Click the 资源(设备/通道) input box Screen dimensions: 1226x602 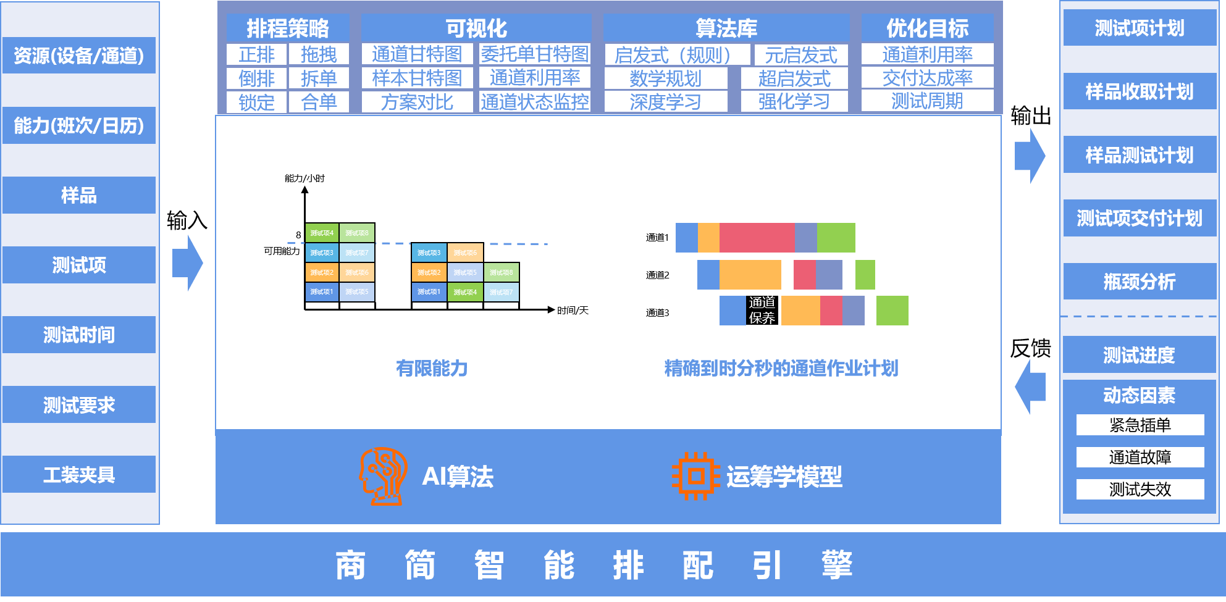tap(79, 56)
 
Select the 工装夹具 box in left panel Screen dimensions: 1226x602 tap(79, 474)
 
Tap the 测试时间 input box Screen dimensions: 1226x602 tap(79, 335)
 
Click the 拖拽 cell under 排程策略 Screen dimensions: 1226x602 tap(319, 54)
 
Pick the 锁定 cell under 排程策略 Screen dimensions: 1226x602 tap(256, 102)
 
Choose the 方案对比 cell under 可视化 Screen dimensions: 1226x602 tap(417, 102)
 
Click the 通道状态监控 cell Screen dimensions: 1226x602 tap(535, 102)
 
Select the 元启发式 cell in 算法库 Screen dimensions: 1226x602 tap(801, 55)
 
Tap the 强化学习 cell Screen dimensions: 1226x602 tap(794, 102)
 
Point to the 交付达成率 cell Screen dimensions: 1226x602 tap(927, 78)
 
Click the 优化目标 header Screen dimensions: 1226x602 tap(927, 28)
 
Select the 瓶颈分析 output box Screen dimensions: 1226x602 tap(1140, 282)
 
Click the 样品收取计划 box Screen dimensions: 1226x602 tap(1140, 91)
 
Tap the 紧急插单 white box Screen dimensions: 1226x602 tap(1140, 425)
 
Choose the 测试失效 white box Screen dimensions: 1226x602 tap(1140, 489)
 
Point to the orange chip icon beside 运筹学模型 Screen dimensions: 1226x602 tap(696, 476)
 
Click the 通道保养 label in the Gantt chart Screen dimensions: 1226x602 tap(762, 310)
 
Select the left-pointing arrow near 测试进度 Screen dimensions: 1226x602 tap(1030, 387)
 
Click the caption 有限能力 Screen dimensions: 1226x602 tap(432, 369)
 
